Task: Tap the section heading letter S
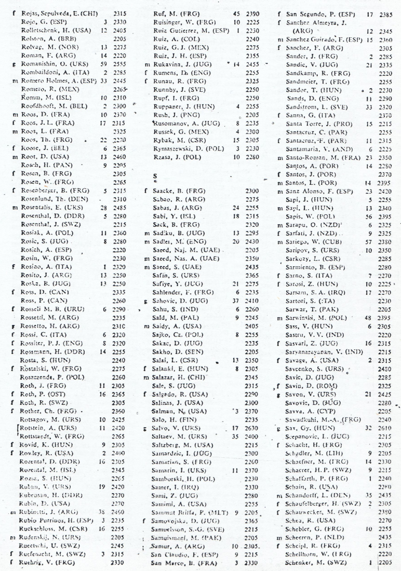[155, 176]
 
